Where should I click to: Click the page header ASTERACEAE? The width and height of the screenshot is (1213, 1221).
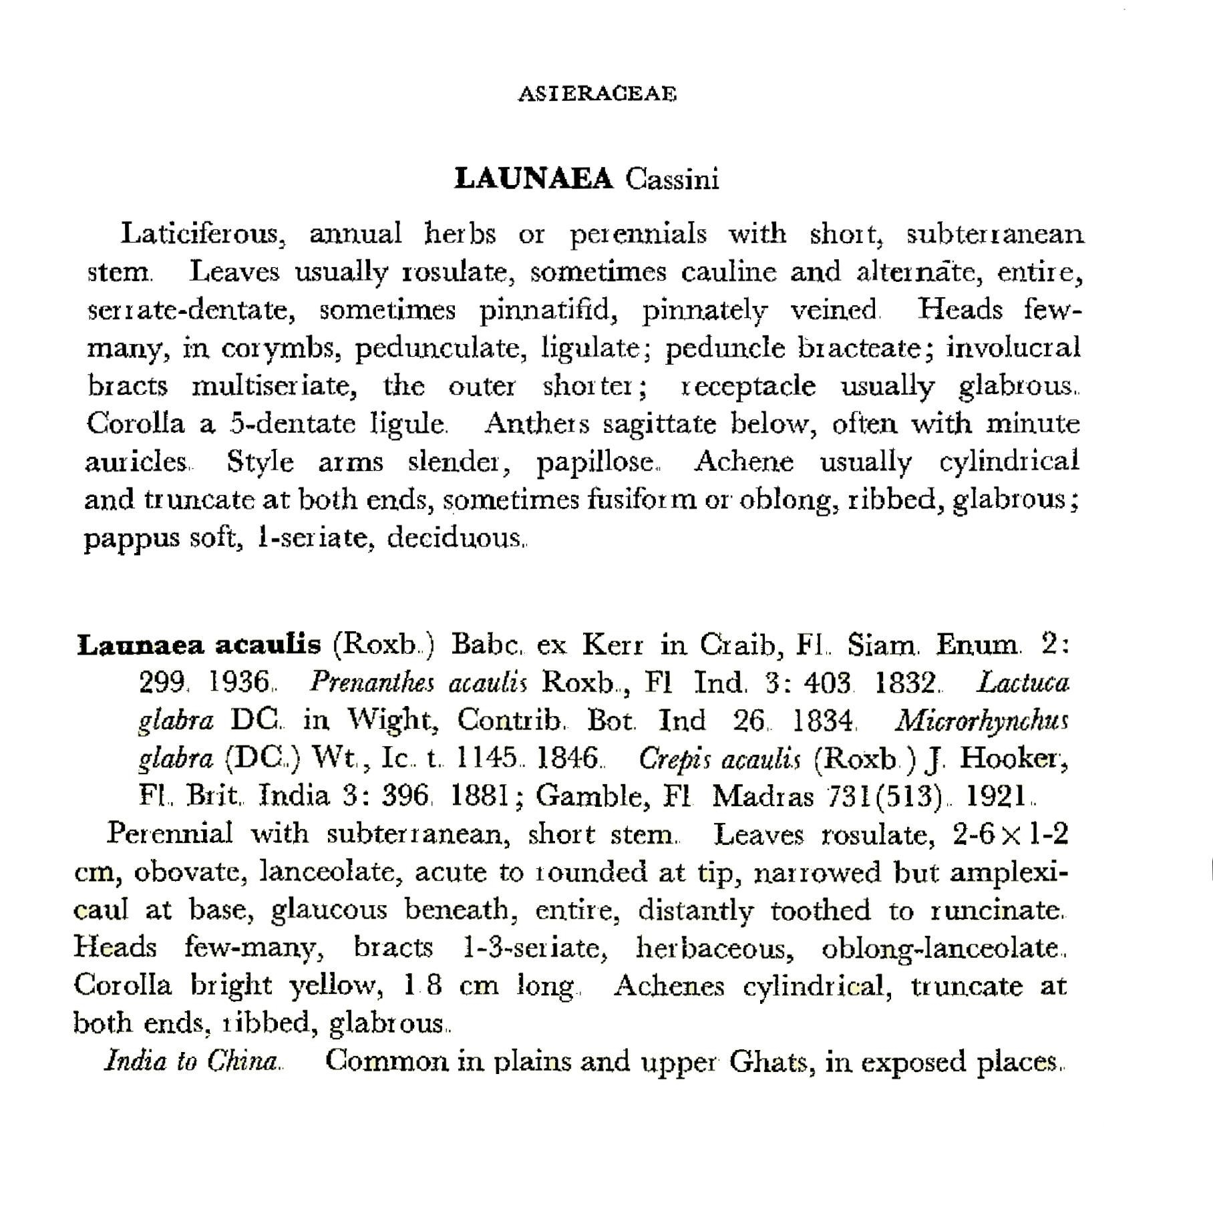click(597, 94)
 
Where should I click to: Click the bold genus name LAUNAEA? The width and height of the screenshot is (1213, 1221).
click(533, 179)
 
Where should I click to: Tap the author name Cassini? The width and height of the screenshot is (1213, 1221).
click(672, 179)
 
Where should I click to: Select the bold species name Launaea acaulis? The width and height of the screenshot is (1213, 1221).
click(199, 645)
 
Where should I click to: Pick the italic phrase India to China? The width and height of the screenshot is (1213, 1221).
click(192, 1061)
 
